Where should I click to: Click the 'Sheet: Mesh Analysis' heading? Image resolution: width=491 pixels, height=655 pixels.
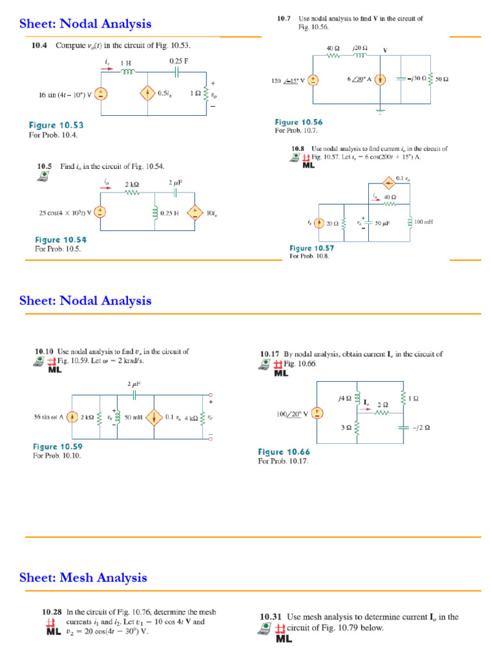[83, 578]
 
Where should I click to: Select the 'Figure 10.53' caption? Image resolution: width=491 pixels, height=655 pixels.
[56, 125]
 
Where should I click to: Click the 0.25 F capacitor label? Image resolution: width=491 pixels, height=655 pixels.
[180, 61]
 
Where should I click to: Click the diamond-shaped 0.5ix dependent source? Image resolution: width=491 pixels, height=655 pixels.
[148, 93]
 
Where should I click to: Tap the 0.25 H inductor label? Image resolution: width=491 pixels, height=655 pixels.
[171, 213]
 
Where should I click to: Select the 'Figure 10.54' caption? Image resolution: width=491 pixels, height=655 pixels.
[60, 240]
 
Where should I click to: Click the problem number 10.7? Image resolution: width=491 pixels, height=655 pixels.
[284, 19]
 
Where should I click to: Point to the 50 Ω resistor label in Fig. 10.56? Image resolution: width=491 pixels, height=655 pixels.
[442, 79]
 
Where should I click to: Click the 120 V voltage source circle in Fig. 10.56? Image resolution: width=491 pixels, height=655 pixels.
[314, 80]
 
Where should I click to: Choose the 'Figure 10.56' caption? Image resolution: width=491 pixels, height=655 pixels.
[299, 122]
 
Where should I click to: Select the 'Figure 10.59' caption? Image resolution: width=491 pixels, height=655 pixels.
[58, 446]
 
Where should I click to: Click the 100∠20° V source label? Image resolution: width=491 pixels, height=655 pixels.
[292, 414]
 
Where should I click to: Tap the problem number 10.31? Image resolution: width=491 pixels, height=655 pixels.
[270, 617]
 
